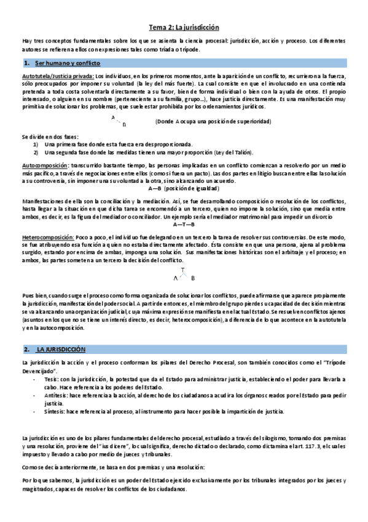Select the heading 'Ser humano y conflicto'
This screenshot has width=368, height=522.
pyautogui.click(x=68, y=63)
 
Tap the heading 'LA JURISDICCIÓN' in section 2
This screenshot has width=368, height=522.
pyautogui.click(x=61, y=349)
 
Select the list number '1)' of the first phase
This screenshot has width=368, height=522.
pyautogui.click(x=36, y=144)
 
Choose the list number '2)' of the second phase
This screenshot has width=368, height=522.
pyautogui.click(x=36, y=152)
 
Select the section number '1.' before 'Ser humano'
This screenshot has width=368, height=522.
pyautogui.click(x=27, y=63)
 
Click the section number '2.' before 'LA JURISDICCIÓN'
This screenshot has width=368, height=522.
pyautogui.click(x=26, y=349)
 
